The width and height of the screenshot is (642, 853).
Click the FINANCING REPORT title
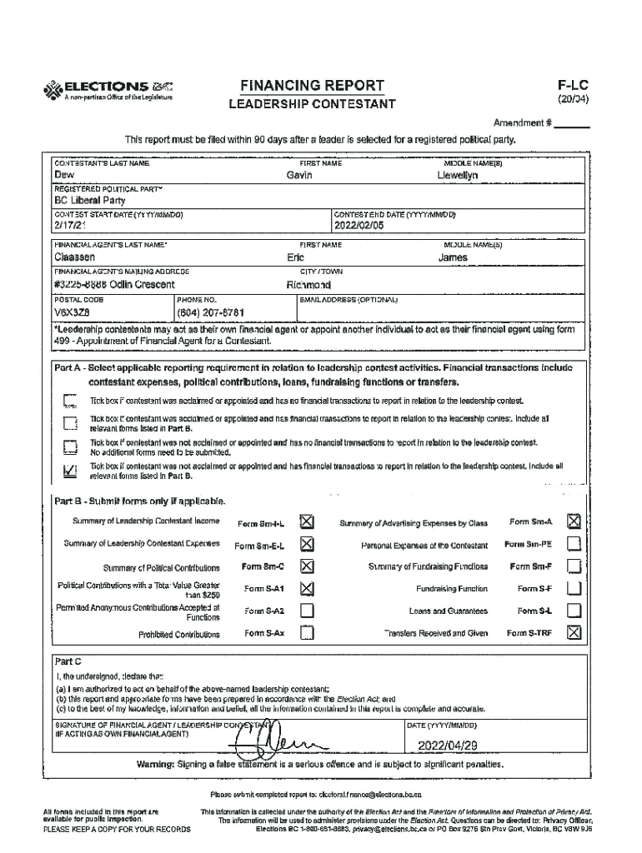click(312, 86)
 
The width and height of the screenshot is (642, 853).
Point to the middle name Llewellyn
click(458, 176)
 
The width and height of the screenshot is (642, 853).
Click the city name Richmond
click(308, 285)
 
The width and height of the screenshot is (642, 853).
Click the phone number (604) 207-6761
click(210, 312)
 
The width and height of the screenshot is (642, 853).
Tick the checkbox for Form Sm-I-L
click(306, 522)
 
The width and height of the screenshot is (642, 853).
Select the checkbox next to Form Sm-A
click(573, 521)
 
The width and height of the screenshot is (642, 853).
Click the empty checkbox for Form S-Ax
click(306, 633)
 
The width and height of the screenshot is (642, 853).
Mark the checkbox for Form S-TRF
click(573, 633)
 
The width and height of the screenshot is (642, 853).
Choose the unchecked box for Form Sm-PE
click(573, 544)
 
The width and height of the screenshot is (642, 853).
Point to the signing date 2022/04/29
click(447, 745)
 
